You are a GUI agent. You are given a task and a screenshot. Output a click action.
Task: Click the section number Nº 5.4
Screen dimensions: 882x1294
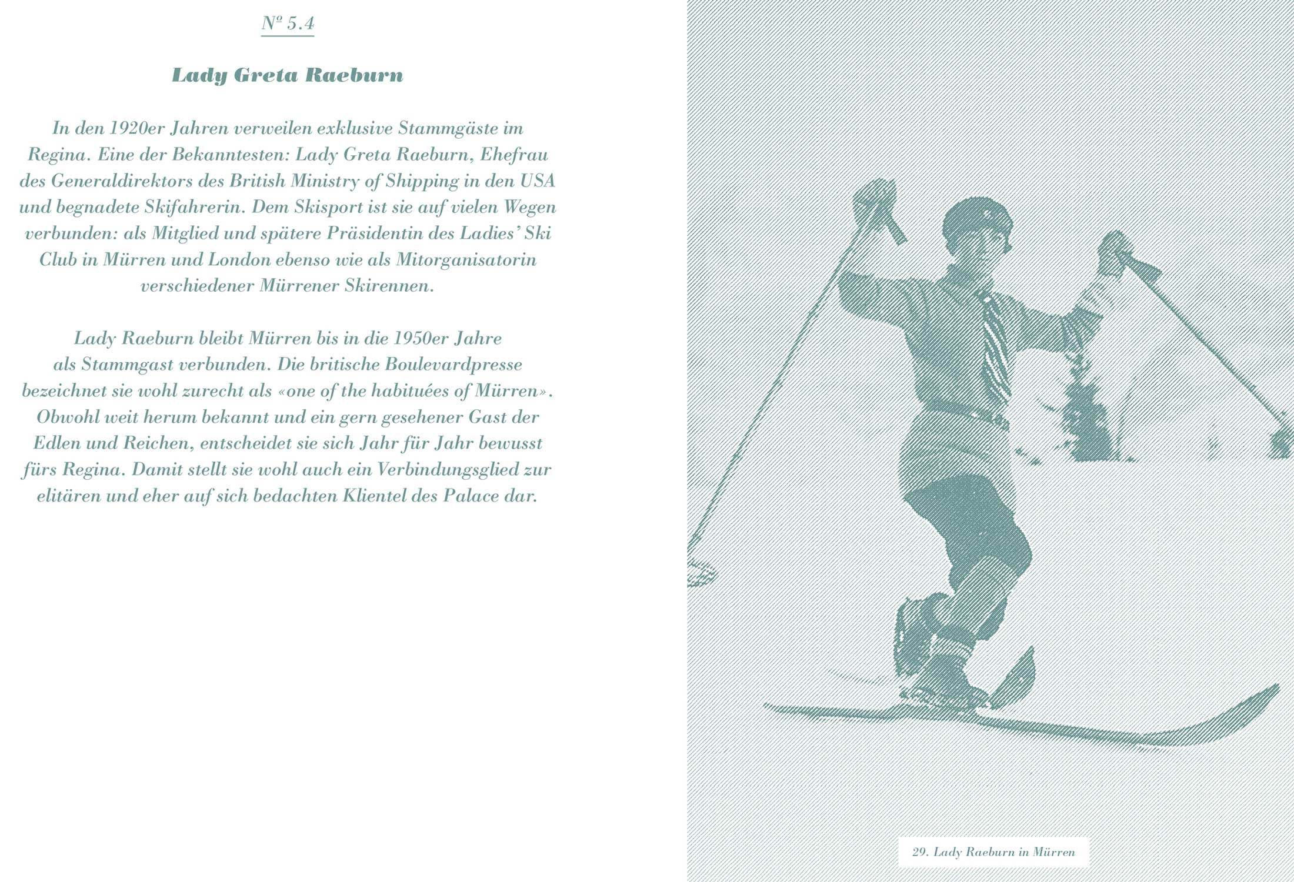[x=288, y=24]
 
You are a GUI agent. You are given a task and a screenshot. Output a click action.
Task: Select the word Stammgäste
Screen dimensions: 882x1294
[x=451, y=128]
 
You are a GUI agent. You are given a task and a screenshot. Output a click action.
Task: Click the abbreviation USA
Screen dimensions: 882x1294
[x=537, y=181]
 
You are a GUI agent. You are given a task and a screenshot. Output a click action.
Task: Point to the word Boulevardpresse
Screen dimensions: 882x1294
[x=453, y=365]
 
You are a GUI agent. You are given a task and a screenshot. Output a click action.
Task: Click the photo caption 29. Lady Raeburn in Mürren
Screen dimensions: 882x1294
[x=993, y=852]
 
